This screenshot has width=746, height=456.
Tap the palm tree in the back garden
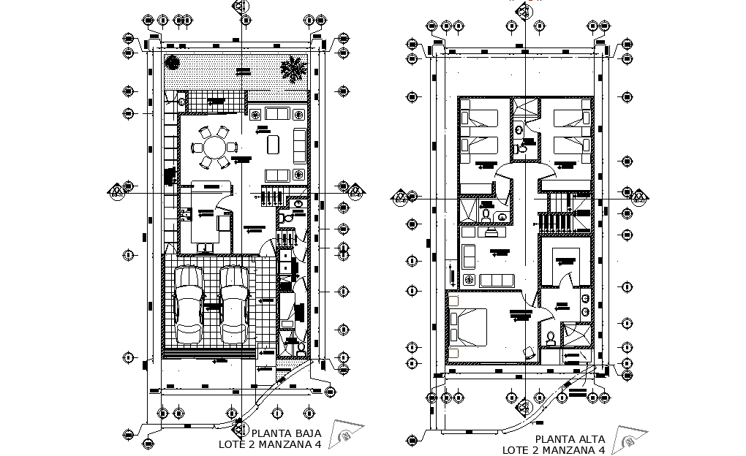(293, 70)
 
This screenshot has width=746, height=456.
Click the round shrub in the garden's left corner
(173, 63)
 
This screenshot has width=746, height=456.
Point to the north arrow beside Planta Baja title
(345, 434)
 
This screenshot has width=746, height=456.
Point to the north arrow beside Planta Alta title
(629, 441)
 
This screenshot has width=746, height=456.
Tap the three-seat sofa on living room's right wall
(299, 145)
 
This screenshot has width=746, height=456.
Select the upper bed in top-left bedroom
(480, 117)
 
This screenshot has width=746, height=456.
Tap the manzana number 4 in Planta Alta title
(602, 450)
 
